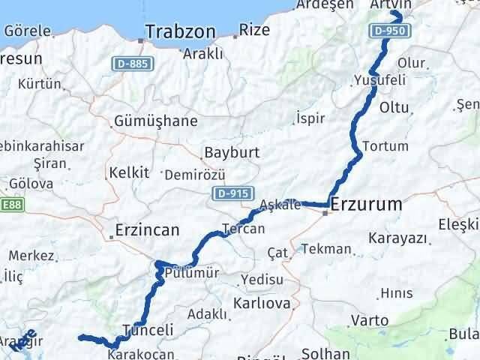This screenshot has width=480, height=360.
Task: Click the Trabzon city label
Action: (180, 32)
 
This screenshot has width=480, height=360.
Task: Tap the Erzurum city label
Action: (366, 204)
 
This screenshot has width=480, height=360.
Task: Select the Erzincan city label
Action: (147, 230)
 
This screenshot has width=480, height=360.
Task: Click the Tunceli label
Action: (148, 330)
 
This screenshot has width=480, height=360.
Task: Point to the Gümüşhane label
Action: (156, 121)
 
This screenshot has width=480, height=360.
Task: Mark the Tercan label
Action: (243, 229)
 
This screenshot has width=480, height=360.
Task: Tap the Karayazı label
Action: (397, 238)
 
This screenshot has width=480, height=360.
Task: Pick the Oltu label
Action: (394, 107)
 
